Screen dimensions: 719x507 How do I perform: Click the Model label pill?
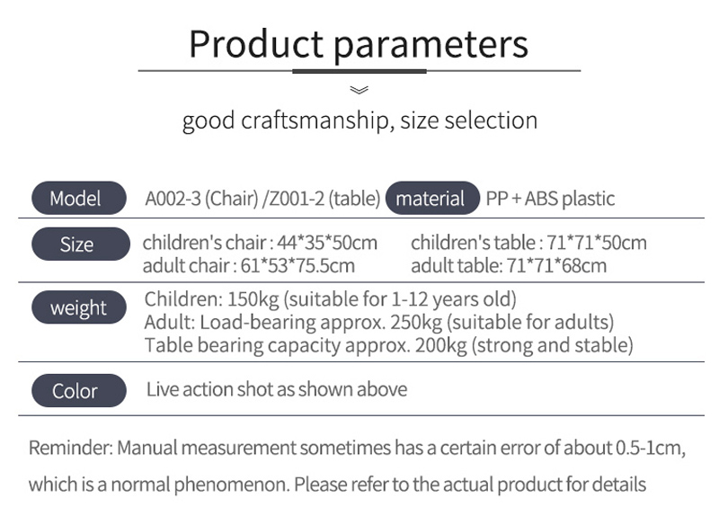point(79,198)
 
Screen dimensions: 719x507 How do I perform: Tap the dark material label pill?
point(432,198)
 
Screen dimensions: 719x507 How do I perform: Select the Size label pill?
point(81,244)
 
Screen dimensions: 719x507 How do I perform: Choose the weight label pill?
point(79,307)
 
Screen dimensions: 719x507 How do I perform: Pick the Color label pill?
point(79,390)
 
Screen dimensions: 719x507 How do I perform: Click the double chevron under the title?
point(359,90)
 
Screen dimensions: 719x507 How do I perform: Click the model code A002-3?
point(173,199)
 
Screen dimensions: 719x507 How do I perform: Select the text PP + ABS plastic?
point(550,199)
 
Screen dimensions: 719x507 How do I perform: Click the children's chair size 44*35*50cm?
point(327,242)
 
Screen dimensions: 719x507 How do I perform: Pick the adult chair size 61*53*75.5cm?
point(297,266)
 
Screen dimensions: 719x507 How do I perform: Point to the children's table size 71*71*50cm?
point(597,242)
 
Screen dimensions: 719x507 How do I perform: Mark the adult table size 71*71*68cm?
point(556,266)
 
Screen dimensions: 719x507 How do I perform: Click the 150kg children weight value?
point(253,299)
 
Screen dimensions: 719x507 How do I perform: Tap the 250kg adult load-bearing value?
point(416,322)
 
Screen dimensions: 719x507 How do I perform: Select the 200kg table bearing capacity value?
point(441,345)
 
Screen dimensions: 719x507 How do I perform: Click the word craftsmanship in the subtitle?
point(315,120)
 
